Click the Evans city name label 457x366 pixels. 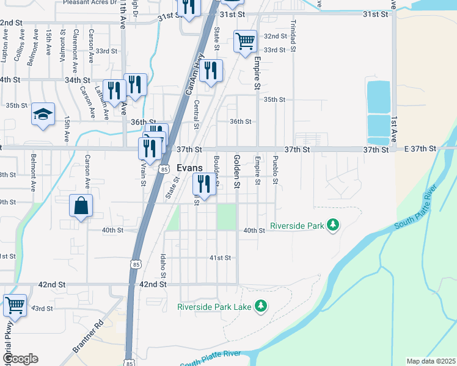pyautogui.click(x=189, y=168)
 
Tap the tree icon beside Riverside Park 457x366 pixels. pyautogui.click(x=333, y=226)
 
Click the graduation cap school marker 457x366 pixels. pyautogui.click(x=43, y=114)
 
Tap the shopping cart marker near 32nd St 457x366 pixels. pyautogui.click(x=245, y=41)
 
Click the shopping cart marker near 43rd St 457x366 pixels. pyautogui.click(x=15, y=304)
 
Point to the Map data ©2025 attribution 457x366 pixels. pyautogui.click(x=431, y=361)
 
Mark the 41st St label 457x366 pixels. pyautogui.click(x=220, y=258)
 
